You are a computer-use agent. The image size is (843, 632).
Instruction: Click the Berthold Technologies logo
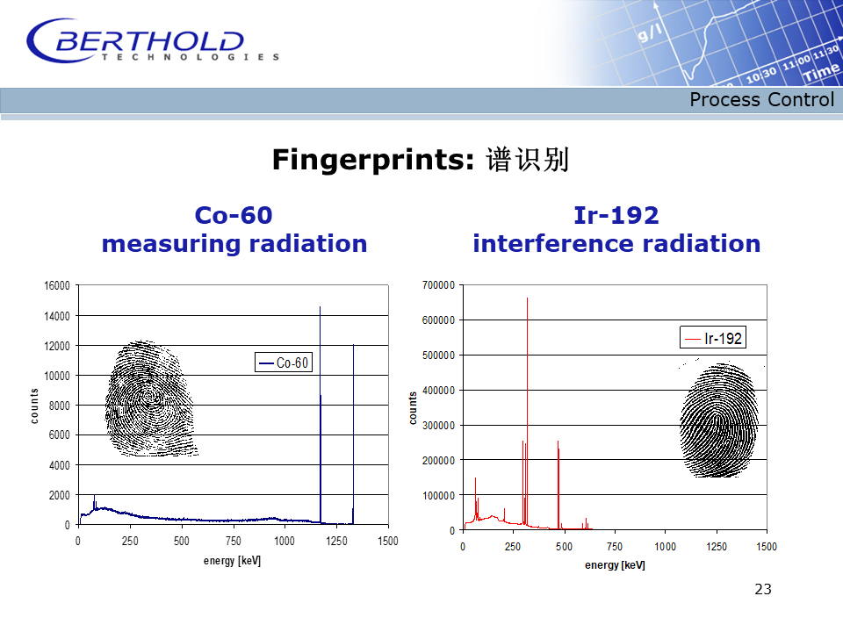click(x=153, y=41)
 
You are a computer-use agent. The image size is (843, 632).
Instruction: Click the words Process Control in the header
click(x=761, y=100)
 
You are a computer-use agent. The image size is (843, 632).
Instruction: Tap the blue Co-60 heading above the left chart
click(x=234, y=216)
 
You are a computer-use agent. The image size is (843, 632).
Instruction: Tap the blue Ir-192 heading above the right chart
click(x=616, y=216)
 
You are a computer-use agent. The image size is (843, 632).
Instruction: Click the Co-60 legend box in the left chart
click(x=284, y=363)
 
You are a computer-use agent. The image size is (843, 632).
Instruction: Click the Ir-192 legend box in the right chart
click(x=713, y=338)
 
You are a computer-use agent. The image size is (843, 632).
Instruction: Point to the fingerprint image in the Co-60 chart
click(x=150, y=399)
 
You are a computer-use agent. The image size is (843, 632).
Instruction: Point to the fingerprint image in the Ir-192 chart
click(x=719, y=420)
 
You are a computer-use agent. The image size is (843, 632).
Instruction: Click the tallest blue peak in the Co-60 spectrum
click(x=321, y=413)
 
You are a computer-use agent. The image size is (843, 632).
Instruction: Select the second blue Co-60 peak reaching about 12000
click(x=353, y=433)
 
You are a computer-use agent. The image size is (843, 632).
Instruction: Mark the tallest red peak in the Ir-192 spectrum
click(x=527, y=412)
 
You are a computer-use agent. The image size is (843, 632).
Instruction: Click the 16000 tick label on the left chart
click(x=57, y=286)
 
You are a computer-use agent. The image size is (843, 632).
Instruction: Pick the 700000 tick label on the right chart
click(x=439, y=285)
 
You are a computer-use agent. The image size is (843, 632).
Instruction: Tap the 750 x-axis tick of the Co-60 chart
click(x=233, y=541)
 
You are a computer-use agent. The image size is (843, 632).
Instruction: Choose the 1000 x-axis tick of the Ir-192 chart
click(x=665, y=547)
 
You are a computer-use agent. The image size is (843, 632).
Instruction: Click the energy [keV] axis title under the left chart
click(x=232, y=561)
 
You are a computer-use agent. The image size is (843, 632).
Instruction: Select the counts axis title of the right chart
click(x=413, y=408)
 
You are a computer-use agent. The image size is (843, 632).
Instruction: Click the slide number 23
click(x=763, y=590)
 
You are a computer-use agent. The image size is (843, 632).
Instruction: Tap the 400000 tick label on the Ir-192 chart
click(x=439, y=391)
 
